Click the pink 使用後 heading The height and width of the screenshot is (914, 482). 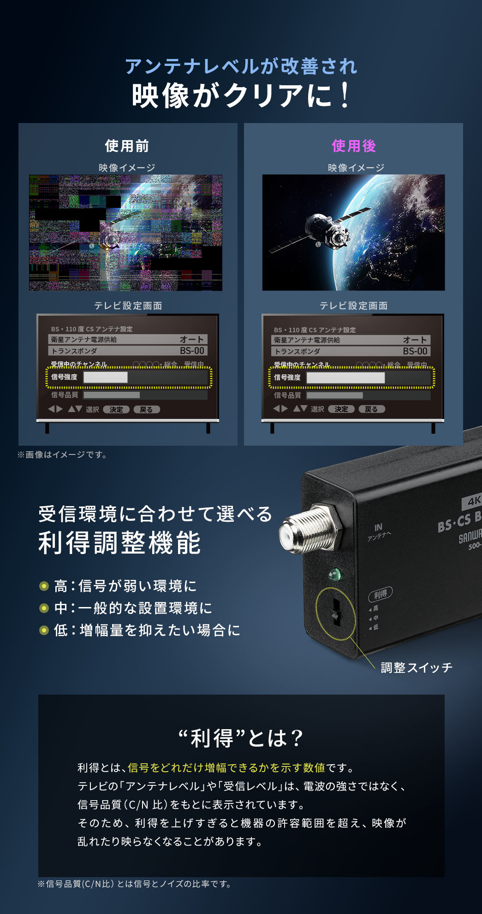click(x=354, y=146)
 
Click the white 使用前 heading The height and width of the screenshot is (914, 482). click(x=127, y=146)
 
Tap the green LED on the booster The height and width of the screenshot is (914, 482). click(x=334, y=574)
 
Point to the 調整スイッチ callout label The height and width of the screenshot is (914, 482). click(x=416, y=667)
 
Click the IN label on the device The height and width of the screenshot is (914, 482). click(x=378, y=527)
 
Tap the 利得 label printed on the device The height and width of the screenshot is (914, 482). click(x=380, y=594)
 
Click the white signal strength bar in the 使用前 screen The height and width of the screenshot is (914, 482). click(x=105, y=377)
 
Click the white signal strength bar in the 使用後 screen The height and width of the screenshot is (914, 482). click(x=345, y=377)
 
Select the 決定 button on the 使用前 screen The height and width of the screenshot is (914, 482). click(x=116, y=409)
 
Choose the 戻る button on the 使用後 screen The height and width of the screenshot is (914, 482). click(x=371, y=409)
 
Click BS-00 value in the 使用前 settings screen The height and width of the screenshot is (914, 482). click(x=192, y=351)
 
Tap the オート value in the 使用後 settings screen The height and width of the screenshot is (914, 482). click(x=415, y=340)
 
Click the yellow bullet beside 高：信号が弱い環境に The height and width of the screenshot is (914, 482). click(x=44, y=586)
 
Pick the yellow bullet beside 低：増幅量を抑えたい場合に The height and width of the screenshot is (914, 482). click(x=44, y=630)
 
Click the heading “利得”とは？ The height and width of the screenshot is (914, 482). click(x=241, y=738)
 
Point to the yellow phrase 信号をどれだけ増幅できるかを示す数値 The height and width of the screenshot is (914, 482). click(x=226, y=767)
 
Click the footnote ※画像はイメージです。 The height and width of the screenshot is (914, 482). click(x=62, y=455)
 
